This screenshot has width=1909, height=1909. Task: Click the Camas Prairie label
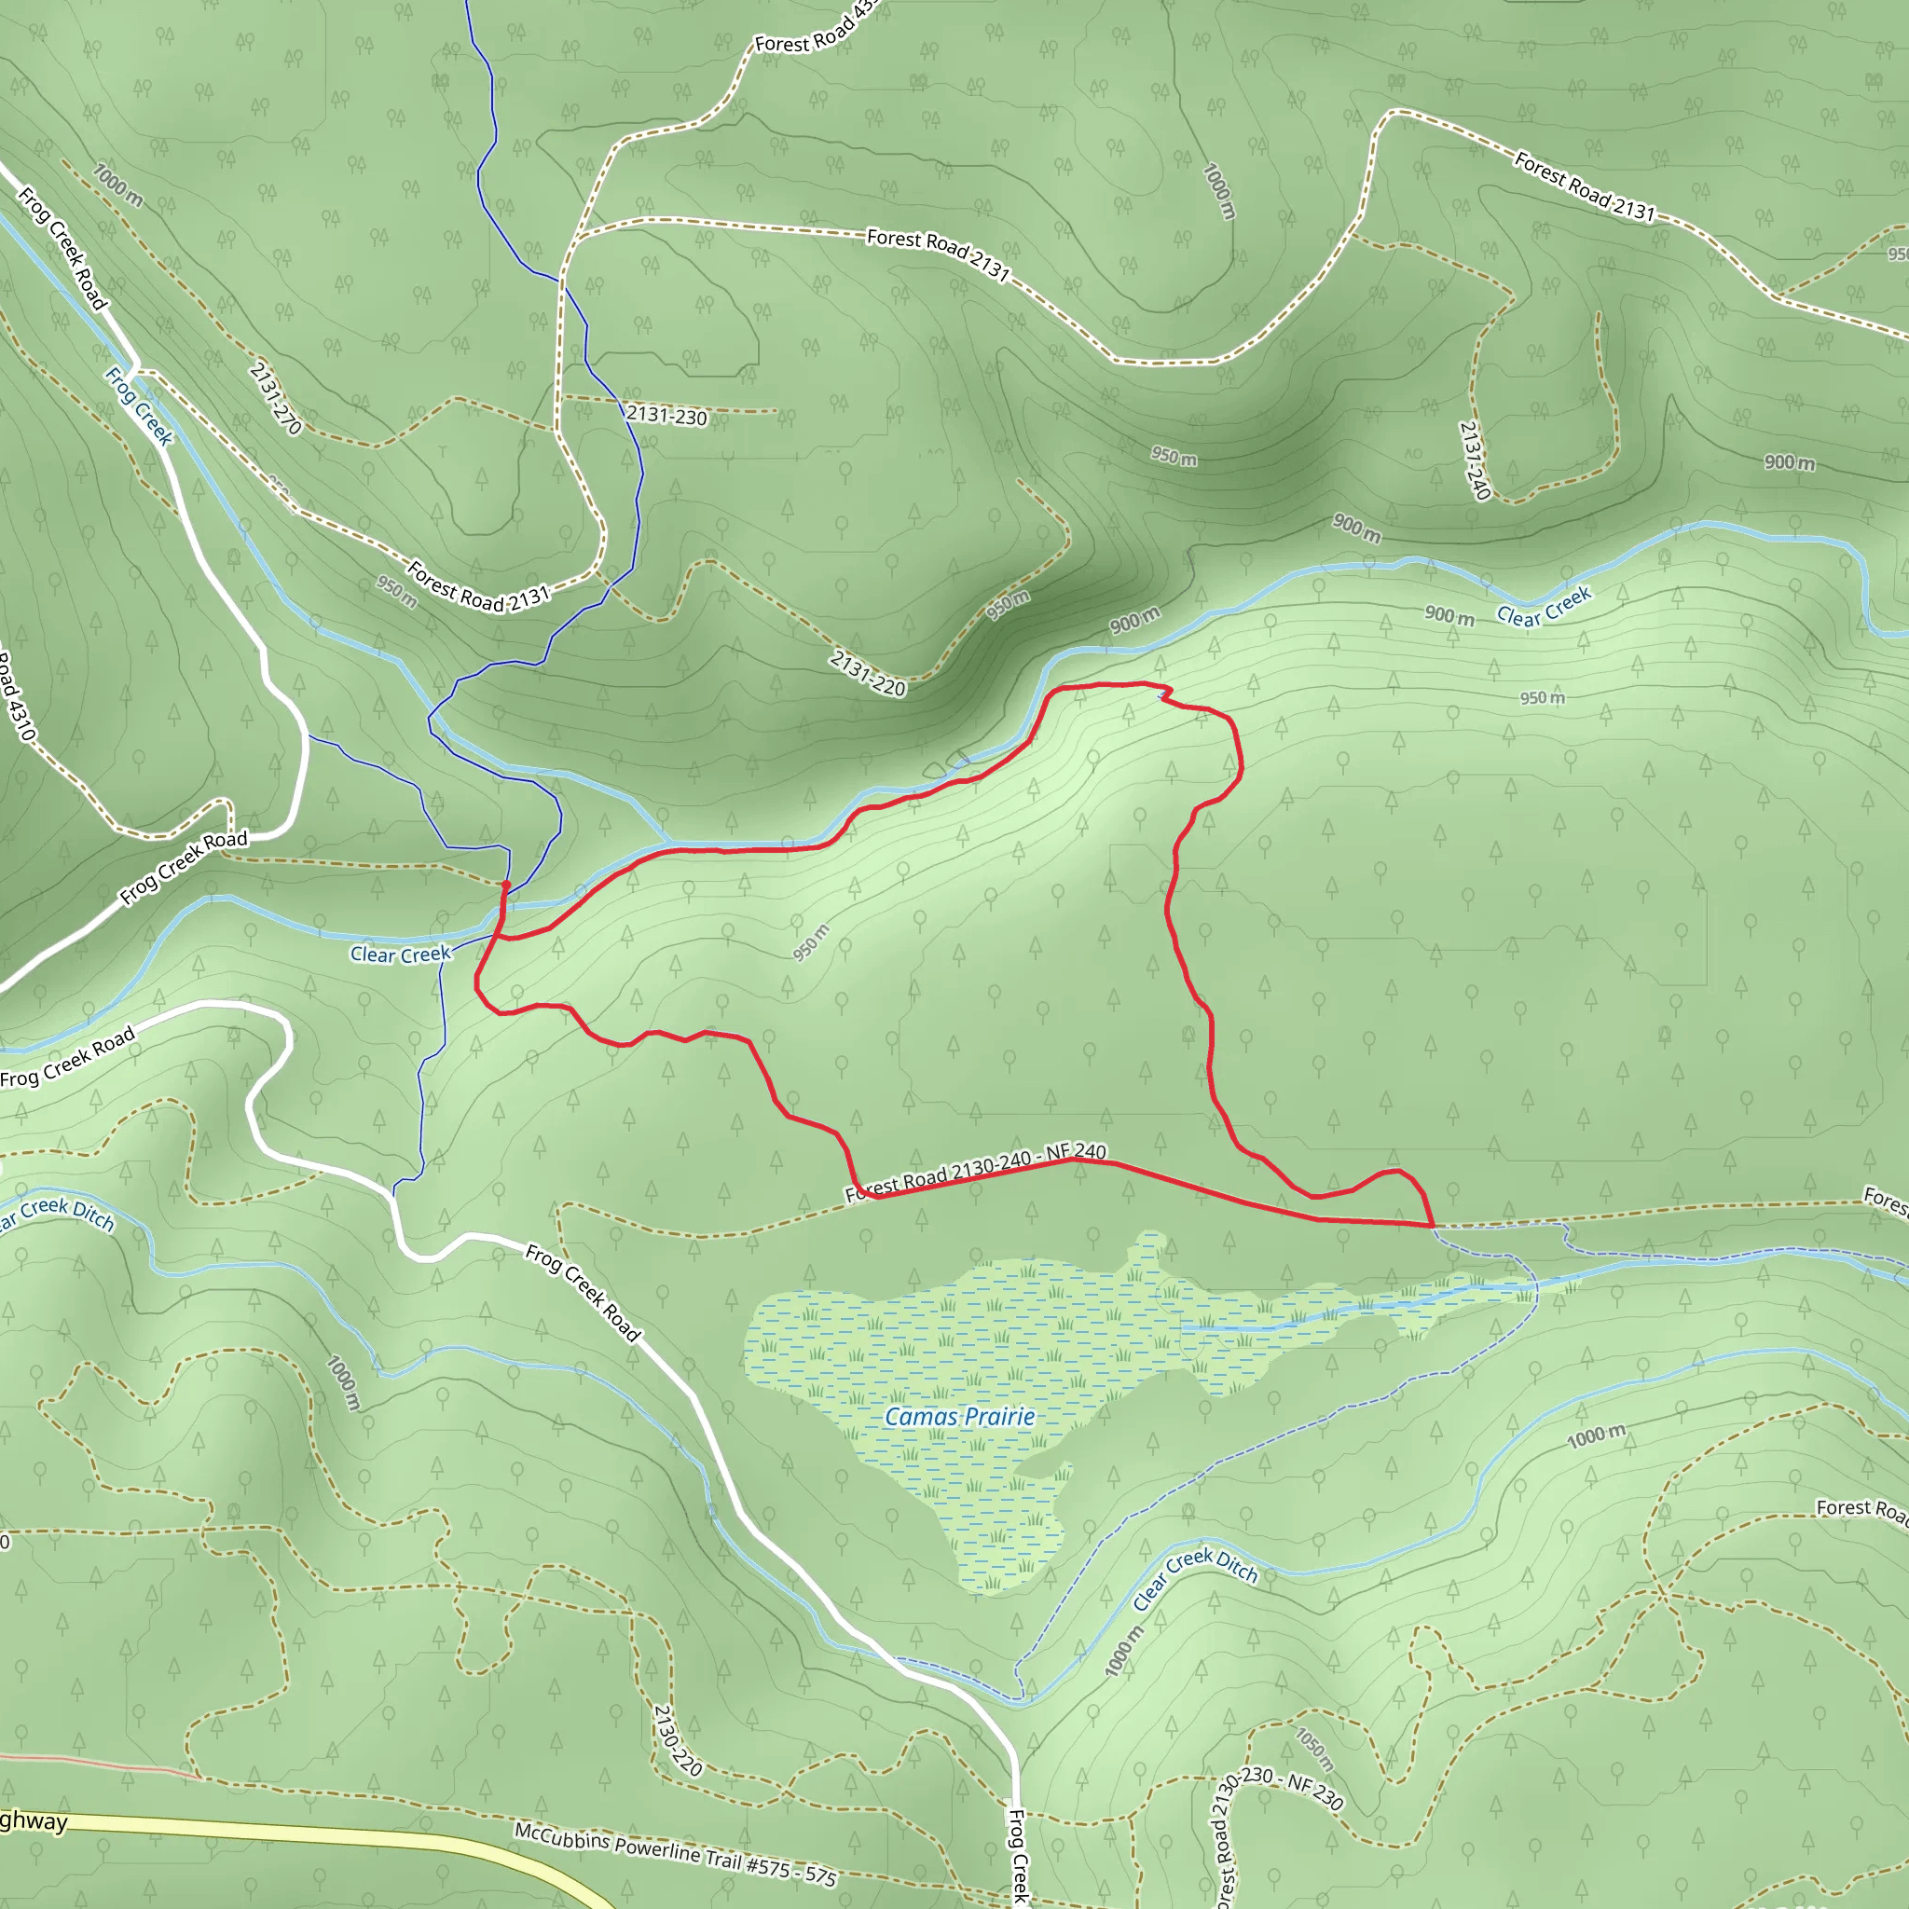(x=959, y=1417)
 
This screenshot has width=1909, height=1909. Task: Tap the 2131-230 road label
(x=667, y=416)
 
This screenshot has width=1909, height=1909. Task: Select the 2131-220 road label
(x=868, y=673)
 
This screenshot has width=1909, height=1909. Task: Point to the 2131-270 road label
(x=275, y=398)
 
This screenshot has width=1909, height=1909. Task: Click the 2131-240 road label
(x=1475, y=460)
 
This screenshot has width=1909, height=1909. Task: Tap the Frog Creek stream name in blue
(x=139, y=406)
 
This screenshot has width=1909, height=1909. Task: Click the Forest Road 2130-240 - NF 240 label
(x=976, y=1173)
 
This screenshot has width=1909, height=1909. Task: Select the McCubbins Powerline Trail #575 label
(x=675, y=1854)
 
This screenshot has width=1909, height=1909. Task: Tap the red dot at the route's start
(x=506, y=885)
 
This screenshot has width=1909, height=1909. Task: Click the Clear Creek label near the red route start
(x=400, y=954)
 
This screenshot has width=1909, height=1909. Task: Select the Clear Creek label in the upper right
(x=1544, y=607)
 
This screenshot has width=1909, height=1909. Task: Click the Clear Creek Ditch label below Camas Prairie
(x=1195, y=1580)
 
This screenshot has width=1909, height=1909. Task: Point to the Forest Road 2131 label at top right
(x=1584, y=185)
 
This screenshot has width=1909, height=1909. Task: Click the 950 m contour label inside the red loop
(x=810, y=941)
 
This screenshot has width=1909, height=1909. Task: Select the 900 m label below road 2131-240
(x=1790, y=462)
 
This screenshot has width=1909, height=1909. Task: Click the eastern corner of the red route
(x=1433, y=1225)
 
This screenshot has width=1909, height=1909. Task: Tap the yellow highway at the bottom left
(x=296, y=1833)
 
